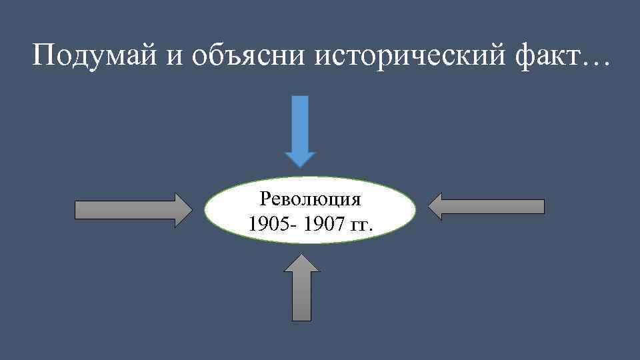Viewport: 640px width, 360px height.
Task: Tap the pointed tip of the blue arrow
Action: tap(301, 163)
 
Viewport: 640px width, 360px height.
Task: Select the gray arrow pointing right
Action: tap(133, 210)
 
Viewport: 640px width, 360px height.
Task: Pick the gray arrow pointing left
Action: tap(486, 206)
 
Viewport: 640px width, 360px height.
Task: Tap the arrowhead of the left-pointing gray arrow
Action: tap(435, 206)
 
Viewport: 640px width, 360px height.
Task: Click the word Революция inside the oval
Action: tap(310, 199)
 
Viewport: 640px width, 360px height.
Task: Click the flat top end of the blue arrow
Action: tap(301, 98)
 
